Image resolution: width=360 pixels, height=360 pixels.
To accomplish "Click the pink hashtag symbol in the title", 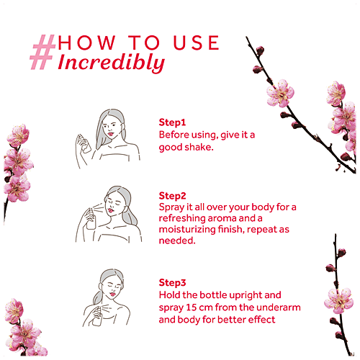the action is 42,52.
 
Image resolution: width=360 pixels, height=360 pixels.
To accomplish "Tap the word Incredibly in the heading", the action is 112,63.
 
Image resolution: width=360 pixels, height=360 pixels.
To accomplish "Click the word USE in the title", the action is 196,42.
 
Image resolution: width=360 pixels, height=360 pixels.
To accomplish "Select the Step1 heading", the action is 172,122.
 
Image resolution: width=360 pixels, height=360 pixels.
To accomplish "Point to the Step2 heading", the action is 172,196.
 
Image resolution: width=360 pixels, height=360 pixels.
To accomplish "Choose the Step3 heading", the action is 172,283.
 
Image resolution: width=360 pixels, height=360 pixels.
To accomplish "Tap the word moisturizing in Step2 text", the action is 187,230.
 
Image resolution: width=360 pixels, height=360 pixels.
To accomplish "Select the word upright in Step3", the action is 244,296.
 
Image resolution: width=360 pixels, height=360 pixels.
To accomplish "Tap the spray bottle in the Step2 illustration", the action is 91,219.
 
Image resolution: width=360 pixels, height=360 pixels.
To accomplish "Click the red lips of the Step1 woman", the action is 111,134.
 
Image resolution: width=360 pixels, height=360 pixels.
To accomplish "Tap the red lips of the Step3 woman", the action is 112,294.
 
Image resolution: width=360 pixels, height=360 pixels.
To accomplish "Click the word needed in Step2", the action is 177,240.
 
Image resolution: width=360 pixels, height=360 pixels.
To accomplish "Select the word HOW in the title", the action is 87,42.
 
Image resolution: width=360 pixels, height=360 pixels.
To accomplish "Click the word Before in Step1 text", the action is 174,135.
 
